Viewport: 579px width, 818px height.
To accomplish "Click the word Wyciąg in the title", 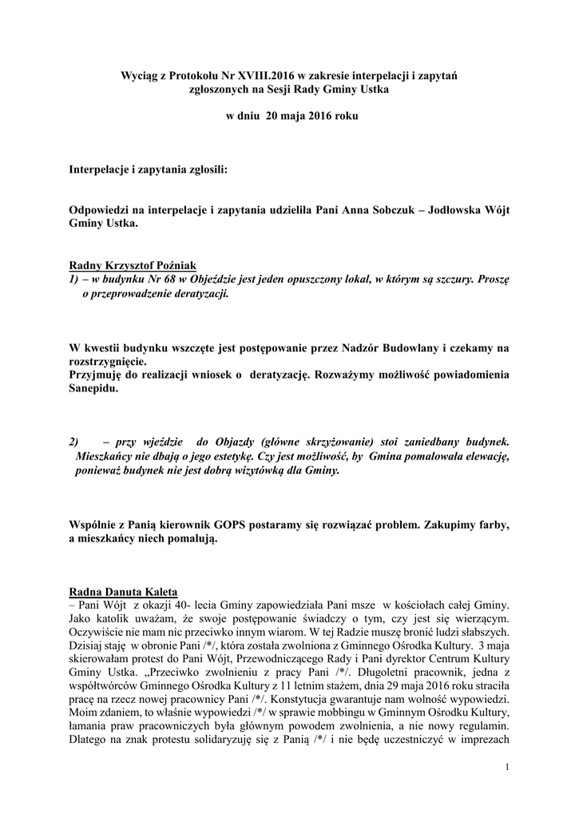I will click(138, 74).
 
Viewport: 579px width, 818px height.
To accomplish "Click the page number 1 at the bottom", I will click(506, 768).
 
